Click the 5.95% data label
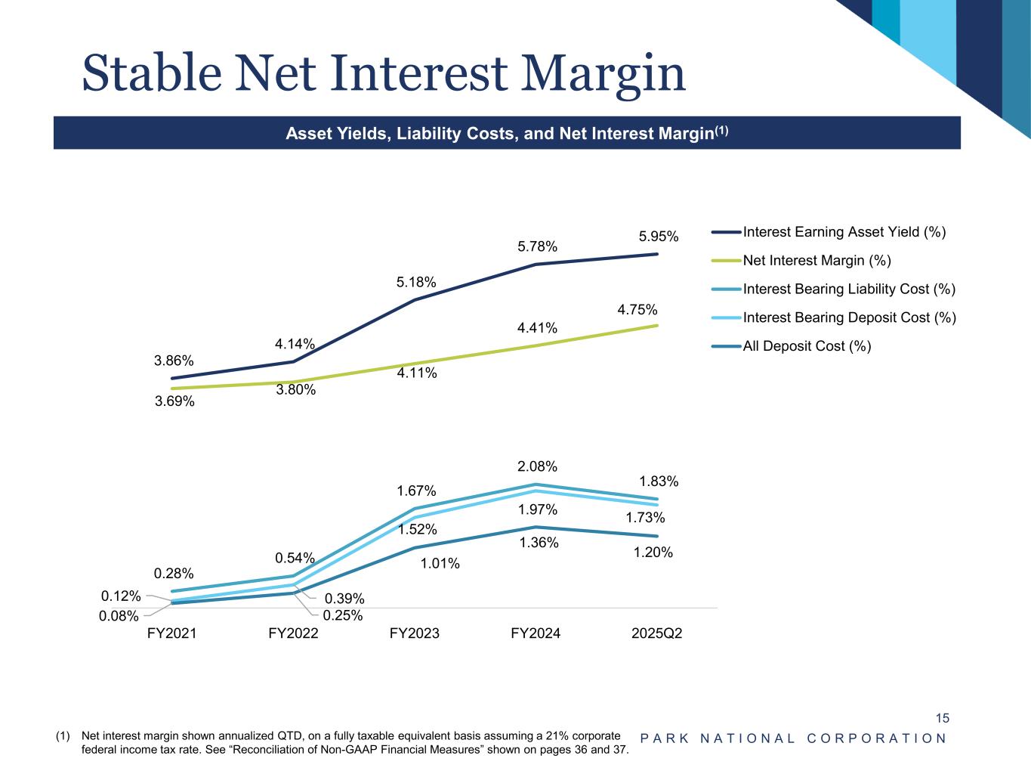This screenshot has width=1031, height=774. tap(659, 237)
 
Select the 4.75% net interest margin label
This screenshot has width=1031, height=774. tap(637, 310)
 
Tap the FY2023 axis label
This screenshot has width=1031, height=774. tap(414, 633)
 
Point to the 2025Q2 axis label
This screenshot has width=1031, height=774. tap(656, 633)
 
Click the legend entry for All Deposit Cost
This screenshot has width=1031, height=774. tap(807, 346)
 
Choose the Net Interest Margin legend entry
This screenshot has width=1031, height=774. tap(816, 261)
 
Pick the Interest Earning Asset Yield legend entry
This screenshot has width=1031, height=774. tap(844, 232)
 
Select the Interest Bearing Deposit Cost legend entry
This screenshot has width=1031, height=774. tap(849, 317)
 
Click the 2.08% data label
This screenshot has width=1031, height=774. tap(538, 466)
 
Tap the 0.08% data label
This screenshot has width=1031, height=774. tap(119, 616)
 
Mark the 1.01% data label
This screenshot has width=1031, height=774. tap(440, 563)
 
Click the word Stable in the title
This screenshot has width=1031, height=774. tap(152, 74)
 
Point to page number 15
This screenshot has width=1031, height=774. tap(942, 718)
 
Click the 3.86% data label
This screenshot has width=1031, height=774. tap(174, 361)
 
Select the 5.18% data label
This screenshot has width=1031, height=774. tap(416, 283)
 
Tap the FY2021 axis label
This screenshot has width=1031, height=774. tap(171, 633)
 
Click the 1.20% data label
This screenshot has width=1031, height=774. tap(653, 553)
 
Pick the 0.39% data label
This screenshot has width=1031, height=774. tap(344, 599)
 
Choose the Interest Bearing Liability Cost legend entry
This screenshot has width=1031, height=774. tap(849, 289)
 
